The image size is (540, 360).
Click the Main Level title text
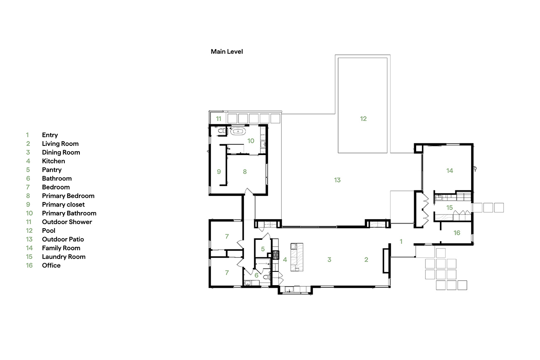(x=226, y=52)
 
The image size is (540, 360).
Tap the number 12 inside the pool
(x=363, y=118)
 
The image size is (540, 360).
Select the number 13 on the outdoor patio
(x=337, y=180)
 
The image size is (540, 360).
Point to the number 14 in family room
(x=449, y=170)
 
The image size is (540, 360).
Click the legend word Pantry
(x=52, y=170)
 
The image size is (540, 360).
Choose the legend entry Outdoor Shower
(x=67, y=222)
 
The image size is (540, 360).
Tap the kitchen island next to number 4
(x=297, y=257)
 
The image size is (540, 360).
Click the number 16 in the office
(x=457, y=233)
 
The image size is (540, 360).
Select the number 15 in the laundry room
(x=449, y=207)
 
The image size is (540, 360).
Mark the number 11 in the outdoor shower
(x=218, y=118)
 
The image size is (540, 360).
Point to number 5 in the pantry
(x=263, y=249)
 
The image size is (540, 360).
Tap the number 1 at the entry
(x=401, y=241)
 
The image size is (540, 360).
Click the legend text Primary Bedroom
(x=68, y=196)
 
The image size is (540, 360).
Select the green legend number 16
(x=29, y=265)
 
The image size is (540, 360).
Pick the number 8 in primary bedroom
(x=245, y=171)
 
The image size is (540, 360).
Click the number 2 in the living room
(x=366, y=260)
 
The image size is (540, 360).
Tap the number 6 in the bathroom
(x=256, y=275)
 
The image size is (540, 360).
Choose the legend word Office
(x=51, y=265)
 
